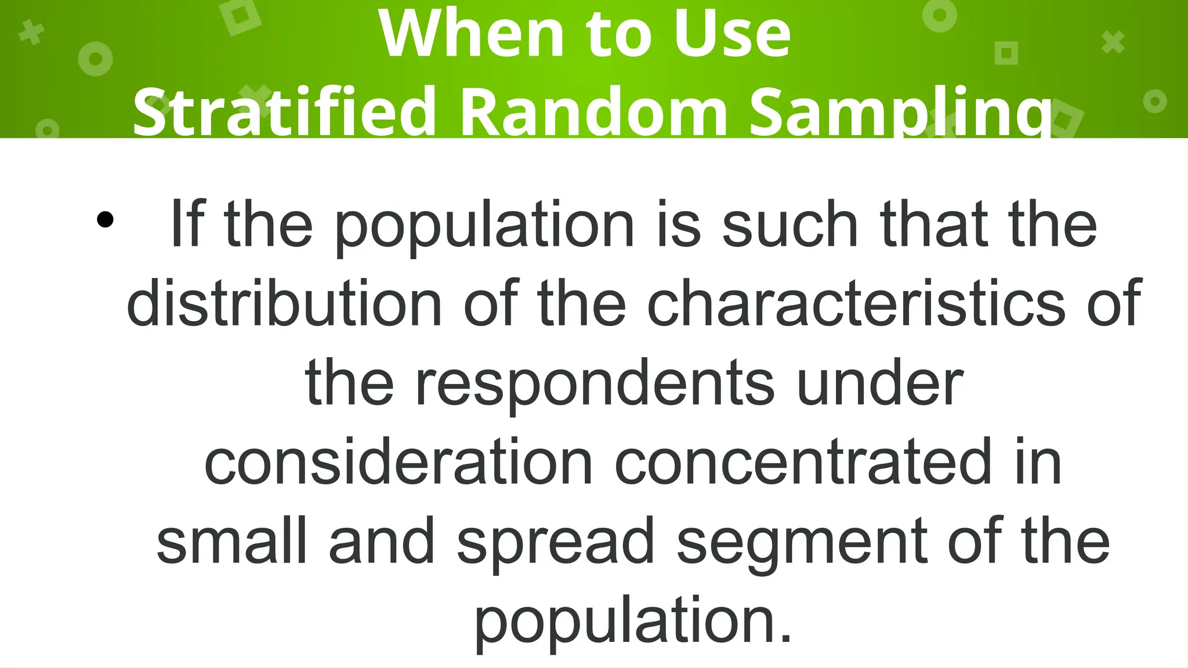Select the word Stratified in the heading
point(284,111)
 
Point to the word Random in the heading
point(593,111)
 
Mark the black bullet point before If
point(105,220)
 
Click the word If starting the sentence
point(187,223)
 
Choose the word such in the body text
point(789,224)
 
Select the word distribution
point(284,303)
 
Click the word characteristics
point(856,303)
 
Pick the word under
point(881,382)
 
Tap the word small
point(231,540)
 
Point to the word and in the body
point(382,540)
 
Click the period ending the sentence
point(785,638)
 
